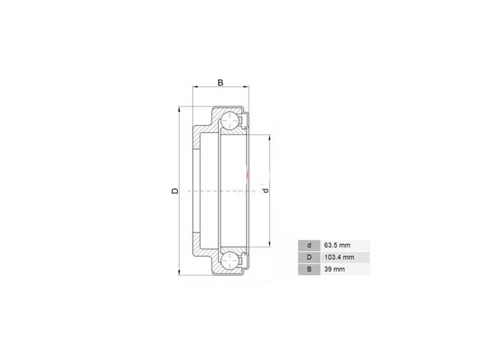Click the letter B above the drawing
[x=220, y=83]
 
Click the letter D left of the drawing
[x=175, y=191]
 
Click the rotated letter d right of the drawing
[x=266, y=190]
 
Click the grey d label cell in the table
[x=309, y=245]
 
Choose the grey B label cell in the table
[x=309, y=269]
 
